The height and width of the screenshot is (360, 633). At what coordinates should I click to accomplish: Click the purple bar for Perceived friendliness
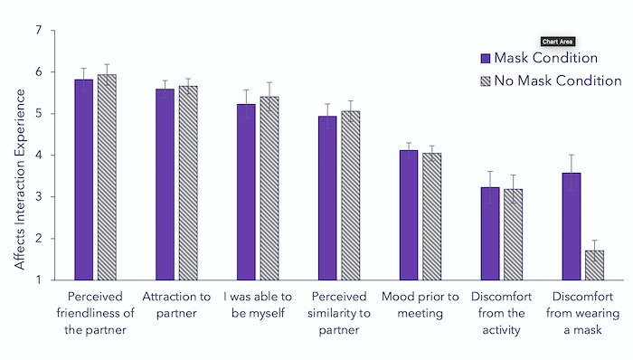click(x=83, y=180)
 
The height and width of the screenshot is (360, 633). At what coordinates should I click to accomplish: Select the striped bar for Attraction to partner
click(x=188, y=183)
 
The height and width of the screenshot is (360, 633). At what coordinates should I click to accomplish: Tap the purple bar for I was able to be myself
click(x=246, y=192)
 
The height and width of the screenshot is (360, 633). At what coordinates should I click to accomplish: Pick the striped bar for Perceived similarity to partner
click(x=351, y=195)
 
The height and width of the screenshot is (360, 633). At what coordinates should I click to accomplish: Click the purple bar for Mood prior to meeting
click(x=409, y=215)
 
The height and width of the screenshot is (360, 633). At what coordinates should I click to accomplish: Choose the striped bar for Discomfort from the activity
click(x=513, y=234)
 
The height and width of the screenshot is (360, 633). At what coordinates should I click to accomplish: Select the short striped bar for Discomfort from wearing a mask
click(x=594, y=265)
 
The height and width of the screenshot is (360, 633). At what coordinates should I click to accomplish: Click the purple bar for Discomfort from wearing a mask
click(x=572, y=226)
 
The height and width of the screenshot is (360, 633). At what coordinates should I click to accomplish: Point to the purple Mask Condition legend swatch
click(x=486, y=58)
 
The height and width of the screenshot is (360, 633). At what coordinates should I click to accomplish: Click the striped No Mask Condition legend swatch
click(x=486, y=81)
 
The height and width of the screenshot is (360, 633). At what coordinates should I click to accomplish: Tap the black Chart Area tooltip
click(x=558, y=42)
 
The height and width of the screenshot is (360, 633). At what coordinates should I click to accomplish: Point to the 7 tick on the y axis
click(x=39, y=30)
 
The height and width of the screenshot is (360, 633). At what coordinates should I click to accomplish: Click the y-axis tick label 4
click(x=39, y=156)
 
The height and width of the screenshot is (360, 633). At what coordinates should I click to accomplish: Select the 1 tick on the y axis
click(x=39, y=280)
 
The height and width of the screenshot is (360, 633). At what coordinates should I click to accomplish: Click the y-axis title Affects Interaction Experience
click(x=20, y=179)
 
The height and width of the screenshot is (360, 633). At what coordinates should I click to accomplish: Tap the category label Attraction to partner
click(x=176, y=305)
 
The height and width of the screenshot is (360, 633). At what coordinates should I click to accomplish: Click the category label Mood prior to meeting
click(x=420, y=305)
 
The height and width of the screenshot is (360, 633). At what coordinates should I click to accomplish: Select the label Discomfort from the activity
click(x=501, y=313)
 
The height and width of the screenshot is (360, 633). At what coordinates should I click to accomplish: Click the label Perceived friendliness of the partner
click(x=95, y=313)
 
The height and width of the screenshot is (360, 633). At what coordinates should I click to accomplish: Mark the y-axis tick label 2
click(x=39, y=239)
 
